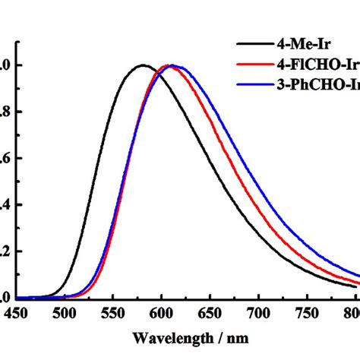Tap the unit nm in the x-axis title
coord(235,337)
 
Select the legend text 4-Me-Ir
coord(299,44)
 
